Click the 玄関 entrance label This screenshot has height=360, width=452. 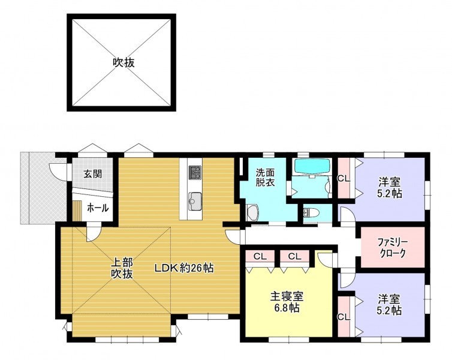pyautogui.click(x=93, y=174)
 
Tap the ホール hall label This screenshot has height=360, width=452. pyautogui.click(x=98, y=208)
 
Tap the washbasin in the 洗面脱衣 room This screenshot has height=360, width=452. pyautogui.click(x=253, y=213)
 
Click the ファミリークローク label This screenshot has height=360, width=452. pyautogui.click(x=393, y=247)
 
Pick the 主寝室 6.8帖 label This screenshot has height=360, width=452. pyautogui.click(x=287, y=302)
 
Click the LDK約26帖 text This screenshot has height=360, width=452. pyautogui.click(x=184, y=268)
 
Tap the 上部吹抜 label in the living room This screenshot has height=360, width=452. pyautogui.click(x=122, y=268)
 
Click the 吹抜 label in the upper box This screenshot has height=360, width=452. pyautogui.click(x=123, y=62)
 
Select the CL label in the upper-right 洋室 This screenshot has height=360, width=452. pyautogui.click(x=343, y=178)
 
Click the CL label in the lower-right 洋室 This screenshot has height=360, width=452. pyautogui.click(x=343, y=317)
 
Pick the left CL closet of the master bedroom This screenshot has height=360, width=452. pyautogui.click(x=260, y=256)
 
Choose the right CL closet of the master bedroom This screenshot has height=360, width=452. pyautogui.click(x=294, y=256)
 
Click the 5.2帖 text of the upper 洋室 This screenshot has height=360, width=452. pyautogui.click(x=390, y=194)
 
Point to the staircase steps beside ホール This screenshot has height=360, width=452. pyautogui.click(x=77, y=211)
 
